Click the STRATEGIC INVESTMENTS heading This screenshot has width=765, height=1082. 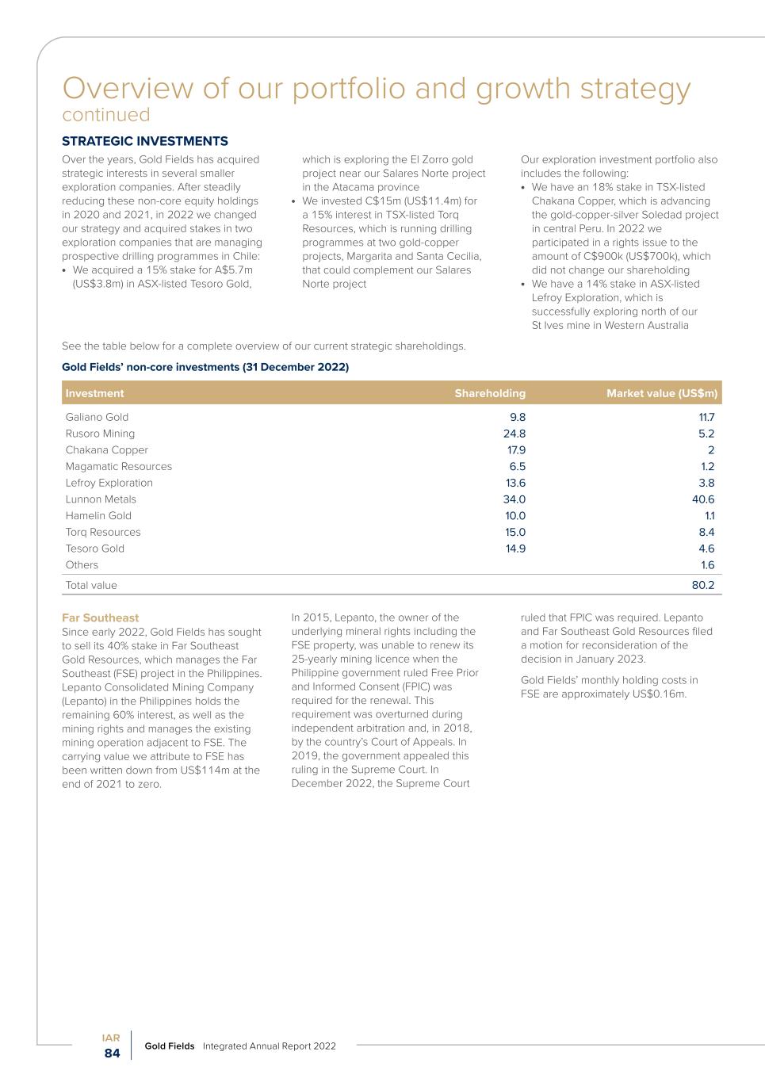[x=145, y=141]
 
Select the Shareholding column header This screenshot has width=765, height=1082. [x=490, y=393]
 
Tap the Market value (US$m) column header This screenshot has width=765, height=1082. [x=662, y=393]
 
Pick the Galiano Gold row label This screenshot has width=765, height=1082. [x=97, y=417]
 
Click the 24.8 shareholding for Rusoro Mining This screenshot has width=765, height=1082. [x=514, y=434]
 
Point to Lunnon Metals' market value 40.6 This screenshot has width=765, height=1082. [x=703, y=499]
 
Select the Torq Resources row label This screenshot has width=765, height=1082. [x=103, y=532]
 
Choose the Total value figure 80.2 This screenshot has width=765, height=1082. [x=703, y=585]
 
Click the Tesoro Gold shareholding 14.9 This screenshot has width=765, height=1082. [x=515, y=549]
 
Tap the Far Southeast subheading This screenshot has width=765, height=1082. [x=100, y=617]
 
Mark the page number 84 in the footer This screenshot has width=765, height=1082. [x=113, y=1053]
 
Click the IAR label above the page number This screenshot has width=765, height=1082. [x=111, y=1038]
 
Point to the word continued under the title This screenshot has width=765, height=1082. [x=106, y=115]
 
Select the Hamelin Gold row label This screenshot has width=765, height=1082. [x=98, y=515]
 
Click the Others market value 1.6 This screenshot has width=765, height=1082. [x=707, y=565]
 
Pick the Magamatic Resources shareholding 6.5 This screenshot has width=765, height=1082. [x=517, y=466]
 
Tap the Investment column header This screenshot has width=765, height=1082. [x=95, y=393]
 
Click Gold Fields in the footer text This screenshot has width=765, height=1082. [x=169, y=1046]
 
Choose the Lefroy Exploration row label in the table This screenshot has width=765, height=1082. [x=109, y=483]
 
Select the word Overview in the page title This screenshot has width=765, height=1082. [x=128, y=88]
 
